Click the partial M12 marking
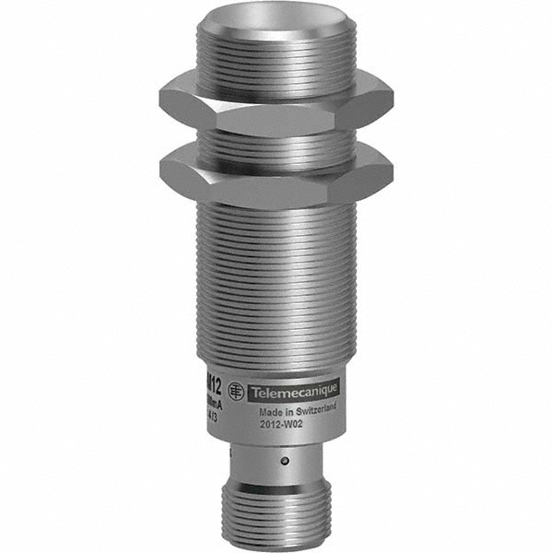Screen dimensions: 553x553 pyautogui.click(x=211, y=385)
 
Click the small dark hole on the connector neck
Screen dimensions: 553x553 pyautogui.click(x=285, y=461)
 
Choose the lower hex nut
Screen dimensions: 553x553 pyautogui.click(x=276, y=175)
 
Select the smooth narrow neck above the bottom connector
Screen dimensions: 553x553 pyautogui.click(x=276, y=465)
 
